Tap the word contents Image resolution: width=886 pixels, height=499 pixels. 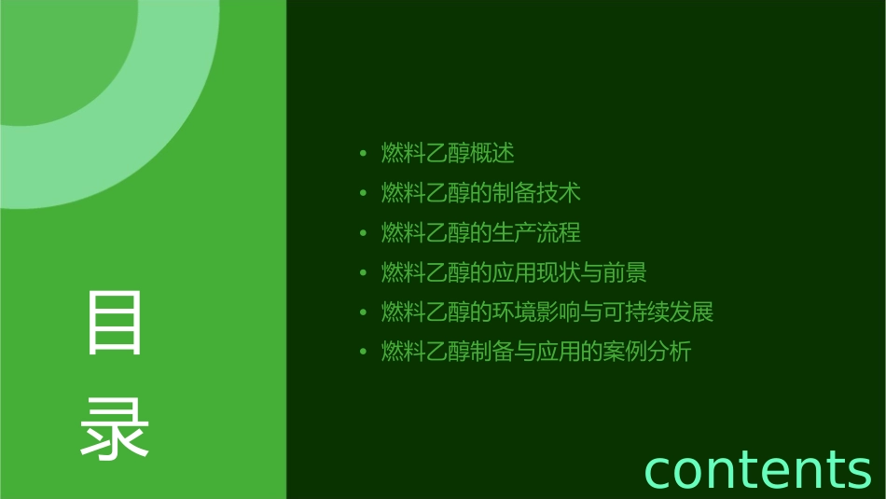tap(757, 469)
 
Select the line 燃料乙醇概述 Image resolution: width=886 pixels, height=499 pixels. tap(448, 153)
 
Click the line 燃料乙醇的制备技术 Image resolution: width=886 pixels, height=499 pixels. tap(481, 193)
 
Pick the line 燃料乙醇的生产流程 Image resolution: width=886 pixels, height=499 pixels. tap(481, 232)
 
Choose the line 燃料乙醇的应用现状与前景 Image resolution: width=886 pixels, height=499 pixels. tap(514, 272)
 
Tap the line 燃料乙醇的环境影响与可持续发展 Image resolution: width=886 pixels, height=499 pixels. tap(547, 312)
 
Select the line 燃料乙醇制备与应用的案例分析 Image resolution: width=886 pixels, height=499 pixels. tap(536, 352)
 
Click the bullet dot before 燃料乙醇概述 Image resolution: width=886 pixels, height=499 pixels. tap(363, 154)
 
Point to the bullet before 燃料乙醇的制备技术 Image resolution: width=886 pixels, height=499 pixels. tap(363, 194)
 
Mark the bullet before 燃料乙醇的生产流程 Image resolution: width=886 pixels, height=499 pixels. tap(363, 233)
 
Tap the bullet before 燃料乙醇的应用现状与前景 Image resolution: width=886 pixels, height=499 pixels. tap(363, 273)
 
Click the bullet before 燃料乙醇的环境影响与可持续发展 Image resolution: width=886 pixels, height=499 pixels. tap(363, 312)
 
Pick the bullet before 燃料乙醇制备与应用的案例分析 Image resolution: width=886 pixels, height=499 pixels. tap(363, 353)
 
